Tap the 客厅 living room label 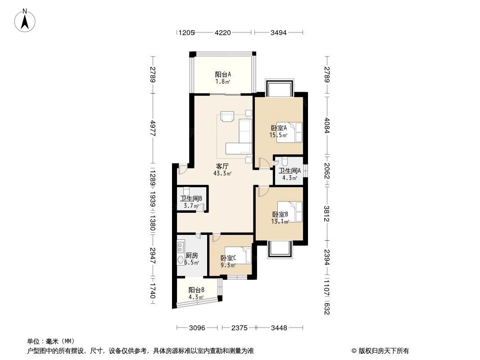point(222,166)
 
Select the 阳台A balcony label point(223,74)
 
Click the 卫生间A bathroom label point(290,171)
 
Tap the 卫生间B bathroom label point(191,198)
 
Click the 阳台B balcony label point(197,290)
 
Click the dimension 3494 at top point(278,32)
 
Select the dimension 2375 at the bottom point(239,328)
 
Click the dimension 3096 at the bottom point(197,328)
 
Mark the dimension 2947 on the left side point(153,256)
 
